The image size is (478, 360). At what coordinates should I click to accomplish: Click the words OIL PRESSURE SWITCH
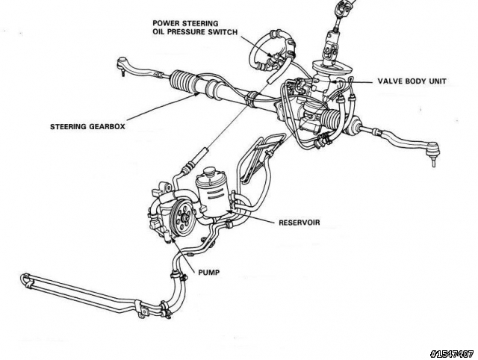click(x=195, y=34)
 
